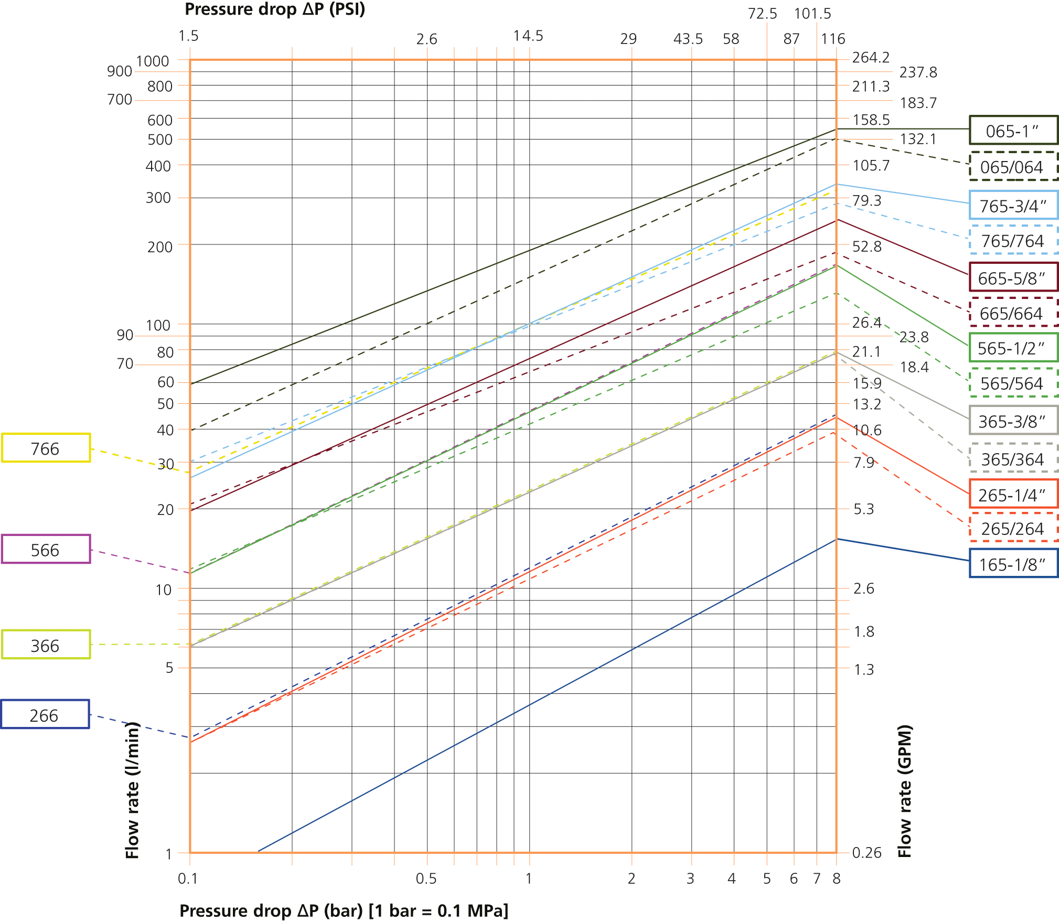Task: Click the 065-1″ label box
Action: [1013, 130]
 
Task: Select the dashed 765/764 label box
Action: [1013, 240]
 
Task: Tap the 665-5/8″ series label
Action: [1013, 277]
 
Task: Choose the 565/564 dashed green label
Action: [1013, 383]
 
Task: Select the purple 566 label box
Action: [46, 550]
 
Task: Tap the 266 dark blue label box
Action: [45, 715]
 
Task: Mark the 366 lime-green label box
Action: [46, 645]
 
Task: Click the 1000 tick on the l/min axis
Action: [153, 61]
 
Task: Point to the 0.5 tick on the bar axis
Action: [426, 879]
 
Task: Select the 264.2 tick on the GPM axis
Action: [871, 58]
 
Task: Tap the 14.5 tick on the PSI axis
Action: [528, 36]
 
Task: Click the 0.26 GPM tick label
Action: [867, 853]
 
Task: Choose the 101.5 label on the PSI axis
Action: [812, 14]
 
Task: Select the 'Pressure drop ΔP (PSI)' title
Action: [275, 9]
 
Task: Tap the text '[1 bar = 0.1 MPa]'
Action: [438, 911]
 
